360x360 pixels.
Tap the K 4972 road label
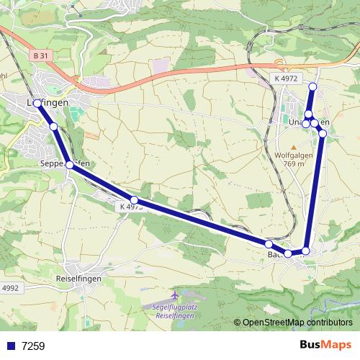[x=285, y=78]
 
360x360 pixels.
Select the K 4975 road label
[x=128, y=207]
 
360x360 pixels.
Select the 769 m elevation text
[x=294, y=164]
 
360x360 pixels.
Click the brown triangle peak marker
[x=293, y=146]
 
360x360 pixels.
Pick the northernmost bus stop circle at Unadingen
[x=312, y=87]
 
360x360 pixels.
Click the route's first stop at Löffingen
[x=37, y=103]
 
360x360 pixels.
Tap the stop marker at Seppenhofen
[x=69, y=165]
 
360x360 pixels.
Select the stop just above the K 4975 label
[x=134, y=199]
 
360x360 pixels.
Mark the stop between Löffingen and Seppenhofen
[x=53, y=127]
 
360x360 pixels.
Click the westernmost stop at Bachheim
[x=269, y=244]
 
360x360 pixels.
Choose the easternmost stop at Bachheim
[x=305, y=251]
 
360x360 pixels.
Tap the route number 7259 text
[x=33, y=346]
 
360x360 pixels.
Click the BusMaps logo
[x=326, y=346]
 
